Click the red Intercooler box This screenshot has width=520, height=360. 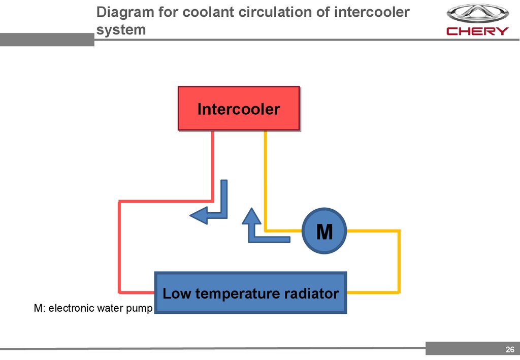(238, 109)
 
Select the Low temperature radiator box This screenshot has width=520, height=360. (250, 293)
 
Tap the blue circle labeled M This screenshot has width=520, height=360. (324, 232)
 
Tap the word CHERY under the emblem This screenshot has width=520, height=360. (477, 31)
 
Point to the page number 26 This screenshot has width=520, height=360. (509, 349)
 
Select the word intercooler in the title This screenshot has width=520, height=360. (372, 12)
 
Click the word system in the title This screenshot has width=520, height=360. (121, 29)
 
